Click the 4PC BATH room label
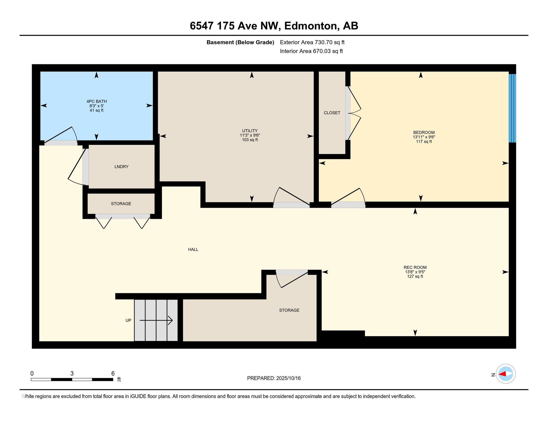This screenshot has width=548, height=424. [x=96, y=101]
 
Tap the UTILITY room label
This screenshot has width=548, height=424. [x=250, y=131]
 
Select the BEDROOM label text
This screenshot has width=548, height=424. [x=424, y=133]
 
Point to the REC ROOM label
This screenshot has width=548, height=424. [x=415, y=267]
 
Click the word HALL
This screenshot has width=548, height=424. [x=193, y=249]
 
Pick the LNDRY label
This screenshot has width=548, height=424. [x=121, y=167]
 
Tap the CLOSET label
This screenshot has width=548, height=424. [x=332, y=113]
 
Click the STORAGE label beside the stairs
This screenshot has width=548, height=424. [x=289, y=310]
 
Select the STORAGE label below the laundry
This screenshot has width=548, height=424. [x=121, y=204]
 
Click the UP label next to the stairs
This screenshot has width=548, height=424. [x=128, y=320]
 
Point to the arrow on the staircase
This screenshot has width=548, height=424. [x=156, y=320]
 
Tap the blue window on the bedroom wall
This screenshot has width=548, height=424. [x=512, y=108]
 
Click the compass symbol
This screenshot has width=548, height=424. [x=505, y=374]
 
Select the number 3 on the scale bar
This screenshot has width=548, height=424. [x=72, y=373]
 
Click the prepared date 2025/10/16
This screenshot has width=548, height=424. [x=288, y=378]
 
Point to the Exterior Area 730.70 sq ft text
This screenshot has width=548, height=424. [x=312, y=42]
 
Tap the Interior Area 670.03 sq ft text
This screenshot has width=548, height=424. [x=311, y=51]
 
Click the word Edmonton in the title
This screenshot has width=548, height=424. [x=312, y=26]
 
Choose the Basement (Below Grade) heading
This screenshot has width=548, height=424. [x=240, y=42]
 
